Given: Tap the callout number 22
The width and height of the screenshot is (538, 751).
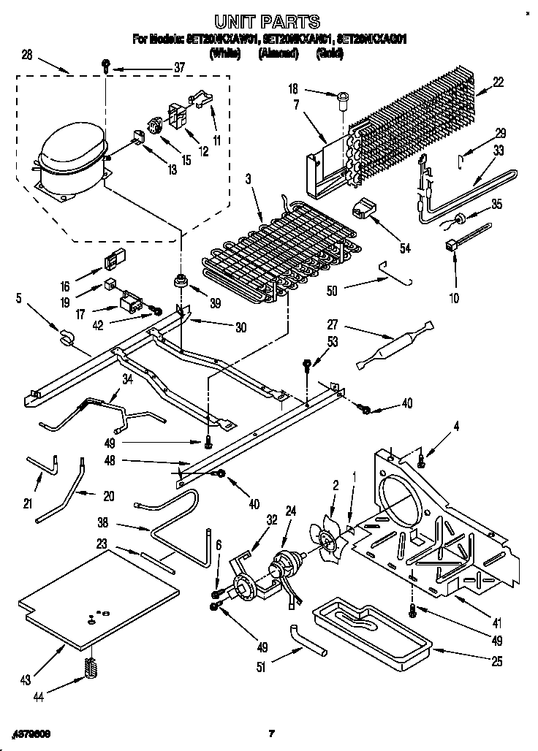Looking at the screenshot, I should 498,83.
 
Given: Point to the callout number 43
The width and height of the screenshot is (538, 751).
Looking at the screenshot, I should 26,680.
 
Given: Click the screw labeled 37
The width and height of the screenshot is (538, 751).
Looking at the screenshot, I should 107,66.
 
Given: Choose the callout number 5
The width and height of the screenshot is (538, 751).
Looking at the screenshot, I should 19,298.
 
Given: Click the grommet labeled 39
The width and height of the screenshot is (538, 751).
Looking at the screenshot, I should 179,281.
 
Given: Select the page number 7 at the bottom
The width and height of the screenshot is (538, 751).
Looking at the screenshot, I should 270,733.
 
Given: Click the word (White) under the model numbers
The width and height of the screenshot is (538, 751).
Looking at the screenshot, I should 225,53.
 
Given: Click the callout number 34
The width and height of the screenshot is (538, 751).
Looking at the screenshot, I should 128,378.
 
